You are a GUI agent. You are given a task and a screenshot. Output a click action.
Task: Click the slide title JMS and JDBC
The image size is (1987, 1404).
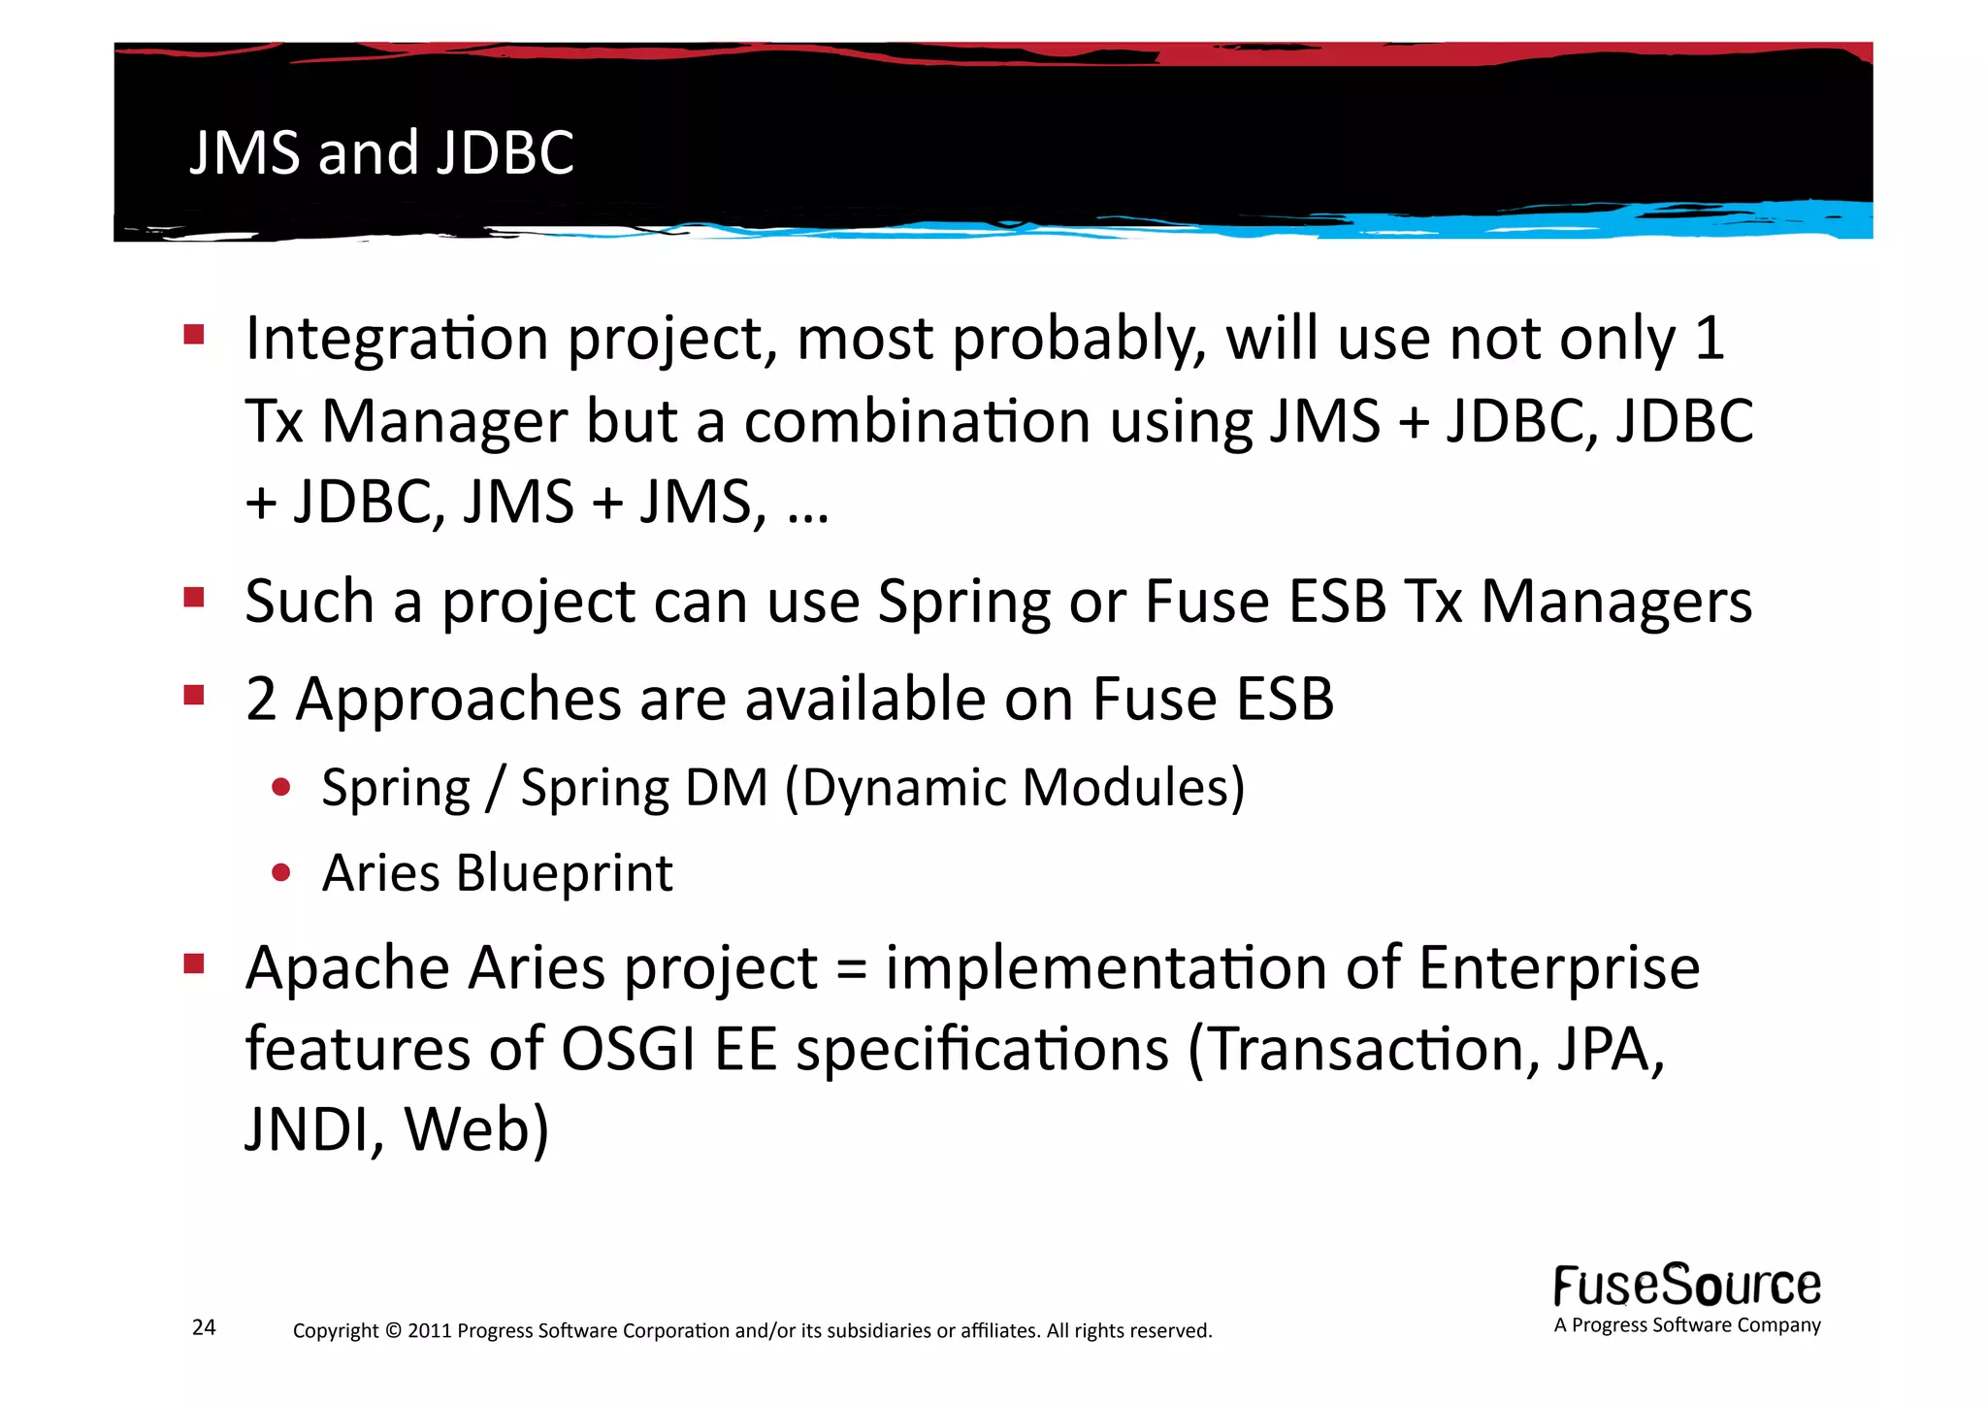click(x=381, y=152)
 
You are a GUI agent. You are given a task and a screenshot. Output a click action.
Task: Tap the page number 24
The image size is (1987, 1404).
click(x=204, y=1327)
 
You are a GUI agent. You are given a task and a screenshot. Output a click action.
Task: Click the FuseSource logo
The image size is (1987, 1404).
click(x=1686, y=1287)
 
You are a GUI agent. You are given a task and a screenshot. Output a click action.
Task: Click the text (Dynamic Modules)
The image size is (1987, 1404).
click(x=1014, y=787)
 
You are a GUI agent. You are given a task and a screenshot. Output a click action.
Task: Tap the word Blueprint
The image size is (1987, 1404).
click(x=564, y=873)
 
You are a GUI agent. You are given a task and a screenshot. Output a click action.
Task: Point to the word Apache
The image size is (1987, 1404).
click(x=347, y=969)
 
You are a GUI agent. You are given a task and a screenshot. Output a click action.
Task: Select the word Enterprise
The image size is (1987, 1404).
click(x=1558, y=969)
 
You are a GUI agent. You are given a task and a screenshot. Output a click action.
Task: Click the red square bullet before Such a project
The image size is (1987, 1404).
click(x=194, y=597)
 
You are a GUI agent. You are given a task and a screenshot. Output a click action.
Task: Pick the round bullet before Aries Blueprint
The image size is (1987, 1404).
click(x=281, y=872)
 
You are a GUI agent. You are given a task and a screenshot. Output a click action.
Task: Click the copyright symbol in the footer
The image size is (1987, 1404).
click(x=392, y=1330)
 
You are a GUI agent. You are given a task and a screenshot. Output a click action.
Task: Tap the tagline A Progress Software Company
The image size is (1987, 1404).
click(x=1686, y=1325)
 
